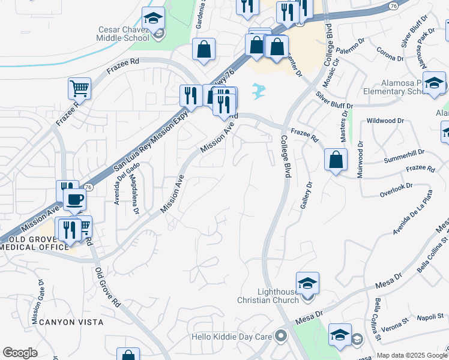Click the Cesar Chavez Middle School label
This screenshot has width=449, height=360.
click(x=124, y=34)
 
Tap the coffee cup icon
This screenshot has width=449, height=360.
click(x=74, y=199)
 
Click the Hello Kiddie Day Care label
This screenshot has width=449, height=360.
click(x=232, y=337)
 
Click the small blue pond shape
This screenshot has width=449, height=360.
click(x=259, y=91)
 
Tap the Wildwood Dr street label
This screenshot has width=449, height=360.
click(x=385, y=121)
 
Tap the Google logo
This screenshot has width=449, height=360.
click(x=20, y=353)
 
